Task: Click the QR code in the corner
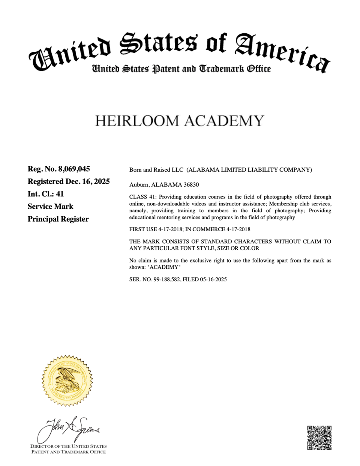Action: [x=319, y=438]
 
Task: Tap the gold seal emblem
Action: [x=67, y=381]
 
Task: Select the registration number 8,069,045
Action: [x=74, y=169]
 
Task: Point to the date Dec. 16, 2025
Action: [x=88, y=181]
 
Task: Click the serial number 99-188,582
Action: [x=166, y=279]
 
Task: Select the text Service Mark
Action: [x=50, y=207]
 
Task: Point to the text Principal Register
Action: [x=58, y=219]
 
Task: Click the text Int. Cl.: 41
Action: [x=46, y=194]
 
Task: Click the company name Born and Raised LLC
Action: [x=156, y=170]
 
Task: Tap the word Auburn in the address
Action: [x=139, y=185]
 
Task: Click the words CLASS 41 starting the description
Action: [x=142, y=197]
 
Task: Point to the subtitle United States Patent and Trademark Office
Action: [x=181, y=69]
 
